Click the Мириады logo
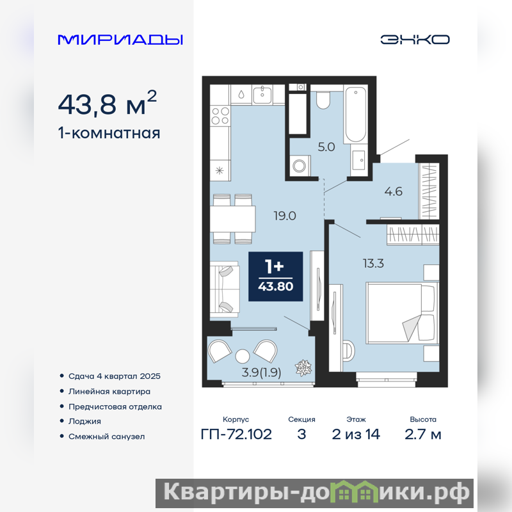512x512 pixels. (x=120, y=40)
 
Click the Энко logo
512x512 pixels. (x=415, y=40)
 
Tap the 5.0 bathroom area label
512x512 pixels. (x=326, y=147)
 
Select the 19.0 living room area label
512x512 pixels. (x=285, y=216)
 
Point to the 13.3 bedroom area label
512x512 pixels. (x=373, y=263)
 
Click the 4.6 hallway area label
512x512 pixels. (x=393, y=191)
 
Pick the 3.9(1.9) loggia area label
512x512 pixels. (x=261, y=372)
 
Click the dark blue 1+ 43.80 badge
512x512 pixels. (x=276, y=276)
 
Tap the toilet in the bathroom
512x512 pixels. (x=323, y=100)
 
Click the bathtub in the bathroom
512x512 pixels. (x=356, y=114)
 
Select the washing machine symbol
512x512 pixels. (x=300, y=166)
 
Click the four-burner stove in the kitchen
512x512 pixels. (x=220, y=116)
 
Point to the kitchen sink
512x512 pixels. (x=262, y=94)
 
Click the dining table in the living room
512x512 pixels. (x=232, y=219)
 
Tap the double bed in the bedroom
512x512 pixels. (x=402, y=313)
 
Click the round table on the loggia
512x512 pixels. (x=243, y=356)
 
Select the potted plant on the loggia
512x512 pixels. (x=303, y=367)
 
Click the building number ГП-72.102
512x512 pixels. (x=236, y=435)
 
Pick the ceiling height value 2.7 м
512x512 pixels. (x=423, y=435)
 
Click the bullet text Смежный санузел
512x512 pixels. (x=106, y=436)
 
